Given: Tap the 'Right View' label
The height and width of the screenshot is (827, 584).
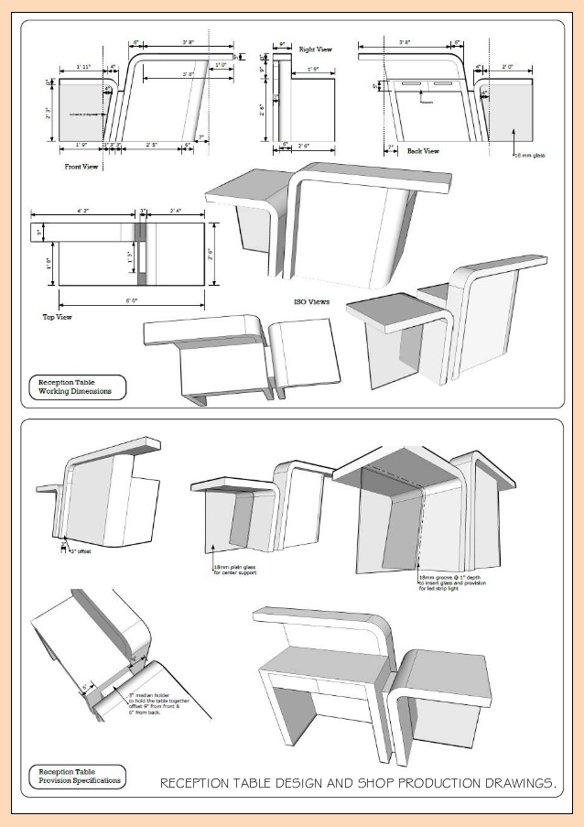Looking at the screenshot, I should pos(315,49).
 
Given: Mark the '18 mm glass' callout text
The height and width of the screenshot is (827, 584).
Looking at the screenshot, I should pos(528,157).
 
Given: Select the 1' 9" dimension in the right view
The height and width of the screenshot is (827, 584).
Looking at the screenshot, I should pos(312,70).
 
